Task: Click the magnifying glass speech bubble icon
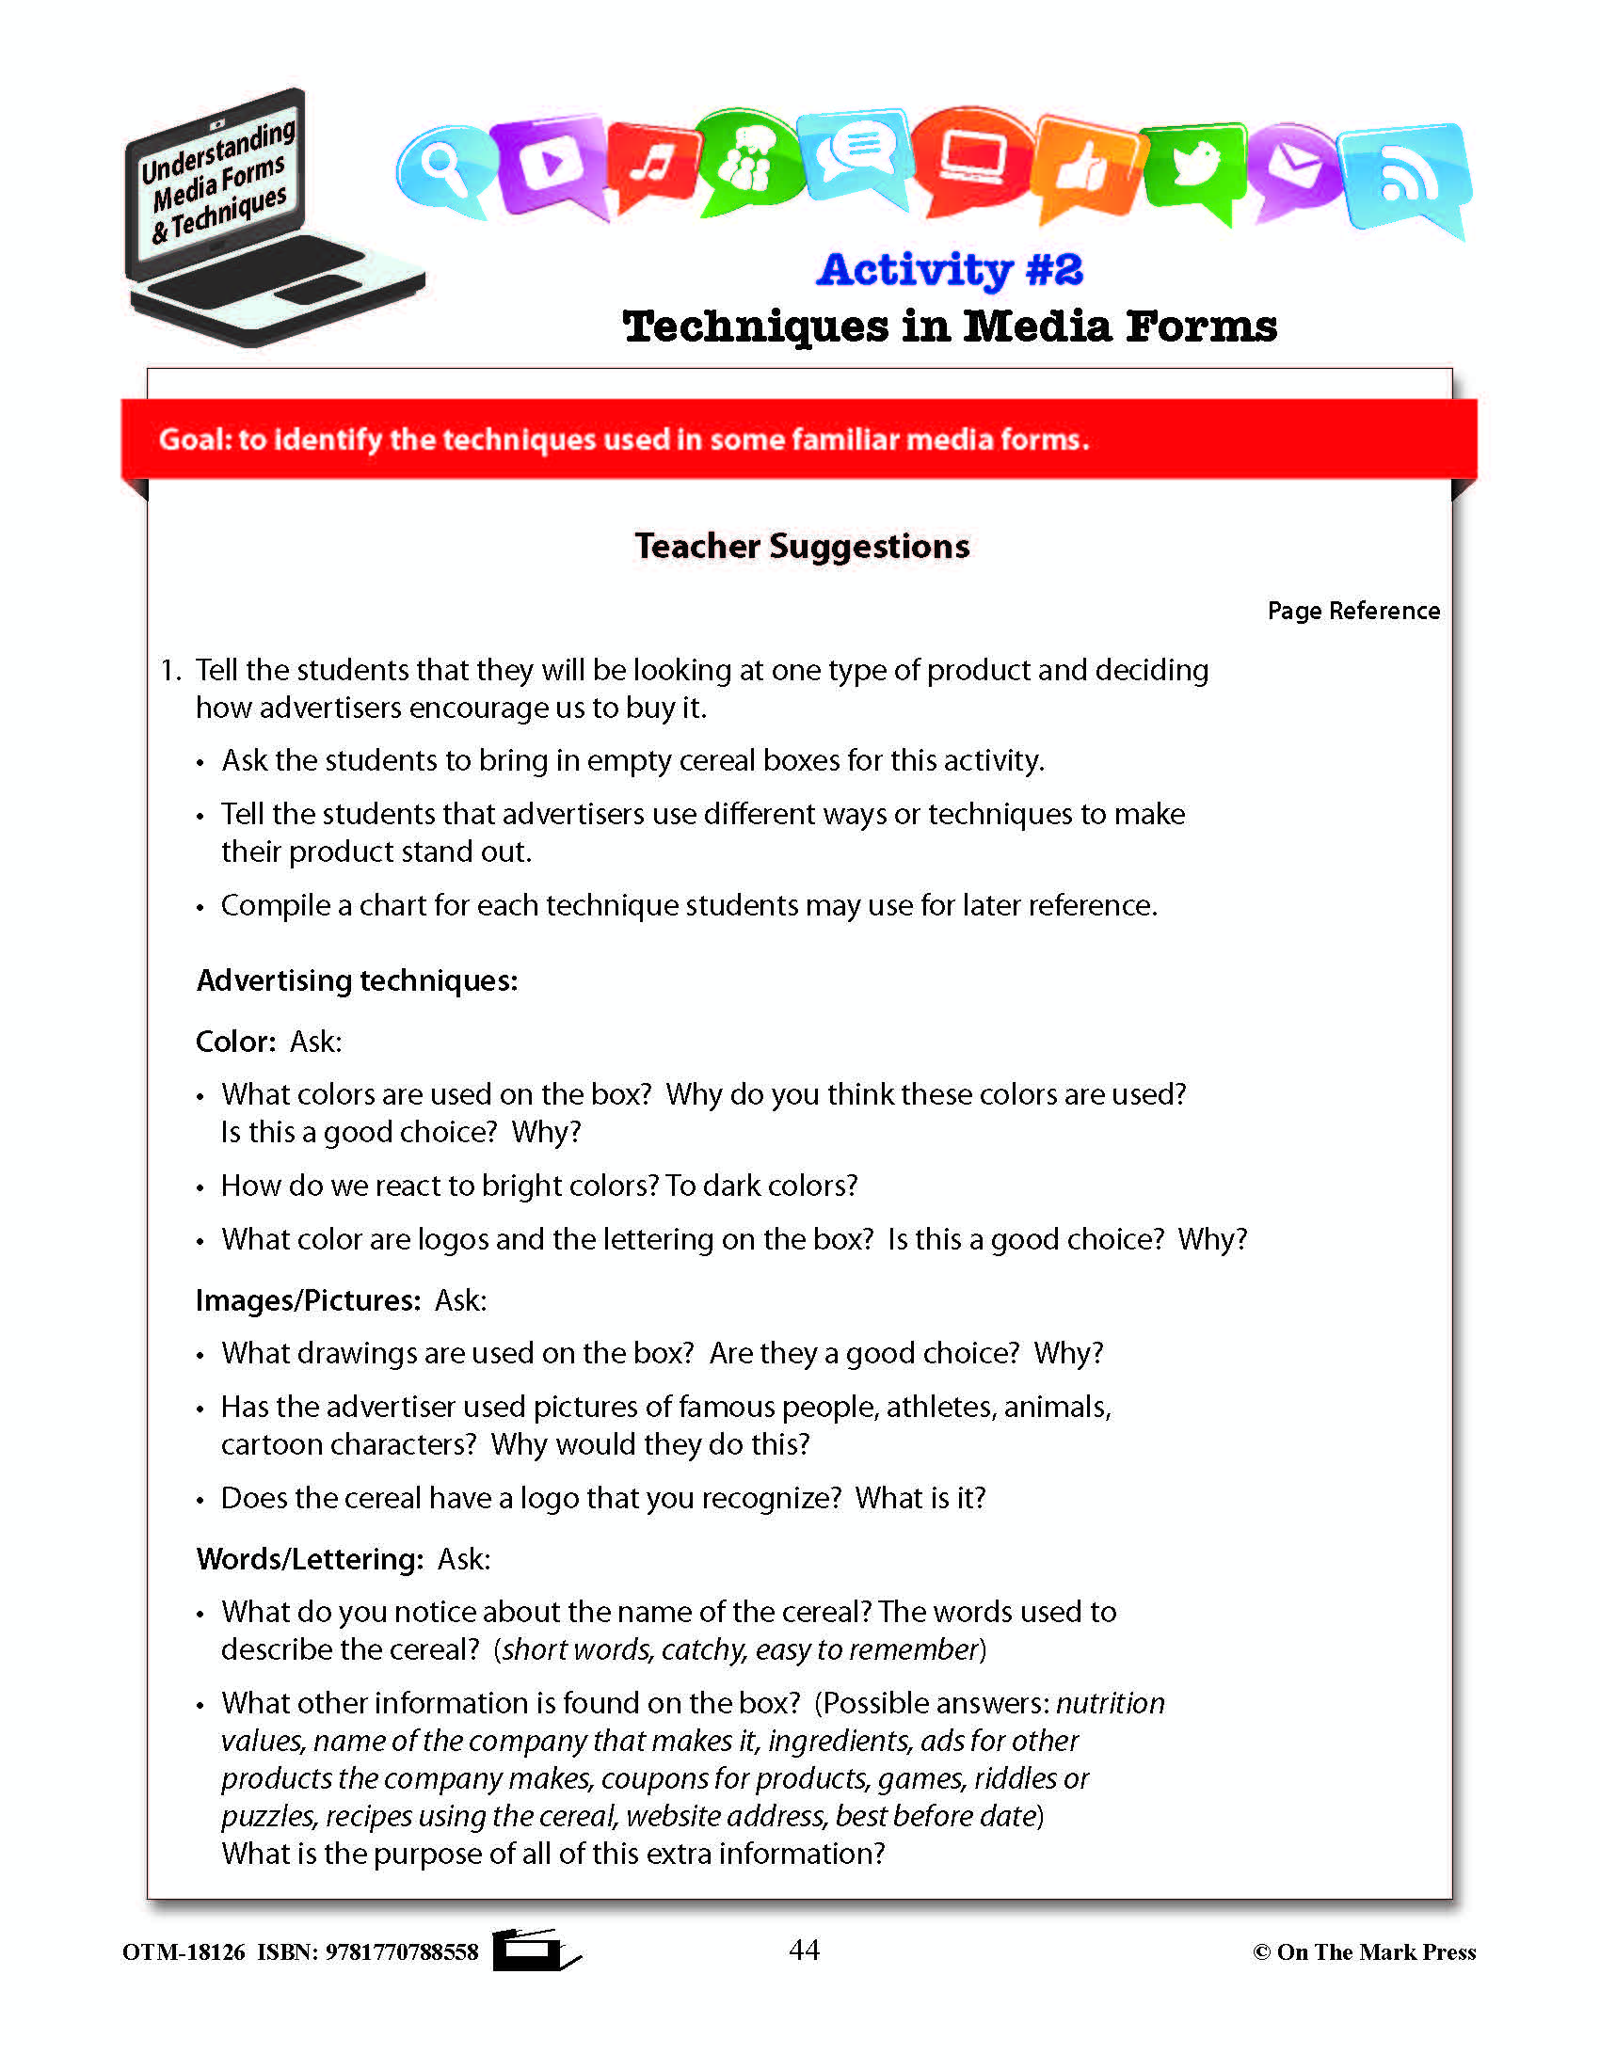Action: tap(442, 168)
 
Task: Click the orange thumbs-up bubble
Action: tap(1085, 167)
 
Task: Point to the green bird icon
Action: tap(1194, 166)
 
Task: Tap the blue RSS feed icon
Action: tap(1404, 172)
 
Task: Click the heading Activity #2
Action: tap(950, 270)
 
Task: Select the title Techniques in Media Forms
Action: tap(950, 327)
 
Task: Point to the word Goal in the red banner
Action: tap(192, 439)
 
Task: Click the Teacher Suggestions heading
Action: tap(802, 547)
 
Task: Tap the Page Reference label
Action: tap(1352, 612)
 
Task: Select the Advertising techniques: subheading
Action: tap(358, 980)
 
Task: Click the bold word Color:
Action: tap(235, 1042)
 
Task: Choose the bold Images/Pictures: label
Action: tap(308, 1300)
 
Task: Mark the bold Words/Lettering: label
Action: tap(310, 1559)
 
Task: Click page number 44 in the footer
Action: tap(804, 1950)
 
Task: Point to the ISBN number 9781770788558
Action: tap(402, 1952)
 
